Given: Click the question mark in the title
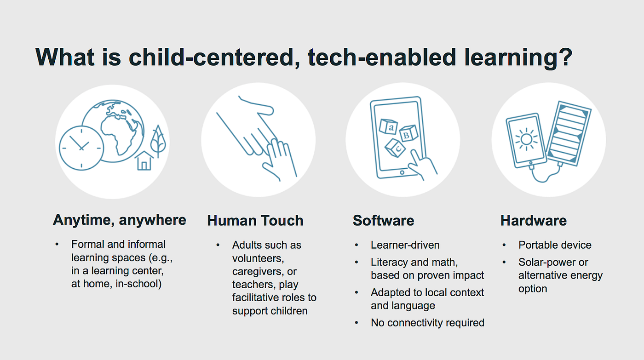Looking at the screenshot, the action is (564, 57).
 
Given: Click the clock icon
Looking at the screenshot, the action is (81, 148).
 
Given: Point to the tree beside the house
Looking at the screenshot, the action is (158, 141).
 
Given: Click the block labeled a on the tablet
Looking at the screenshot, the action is (389, 126).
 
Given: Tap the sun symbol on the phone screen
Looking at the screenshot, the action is (526, 139).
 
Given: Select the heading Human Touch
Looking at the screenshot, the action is (255, 221).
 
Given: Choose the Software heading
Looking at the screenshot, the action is (384, 221).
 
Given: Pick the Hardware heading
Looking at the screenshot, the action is (534, 221).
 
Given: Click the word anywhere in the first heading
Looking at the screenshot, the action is (153, 220).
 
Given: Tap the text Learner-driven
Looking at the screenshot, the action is (405, 245).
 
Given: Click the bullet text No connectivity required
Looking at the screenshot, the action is (427, 323).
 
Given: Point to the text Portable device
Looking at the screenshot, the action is (555, 245).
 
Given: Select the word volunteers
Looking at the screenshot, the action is (258, 258).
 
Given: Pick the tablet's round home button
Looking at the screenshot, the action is (402, 173).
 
